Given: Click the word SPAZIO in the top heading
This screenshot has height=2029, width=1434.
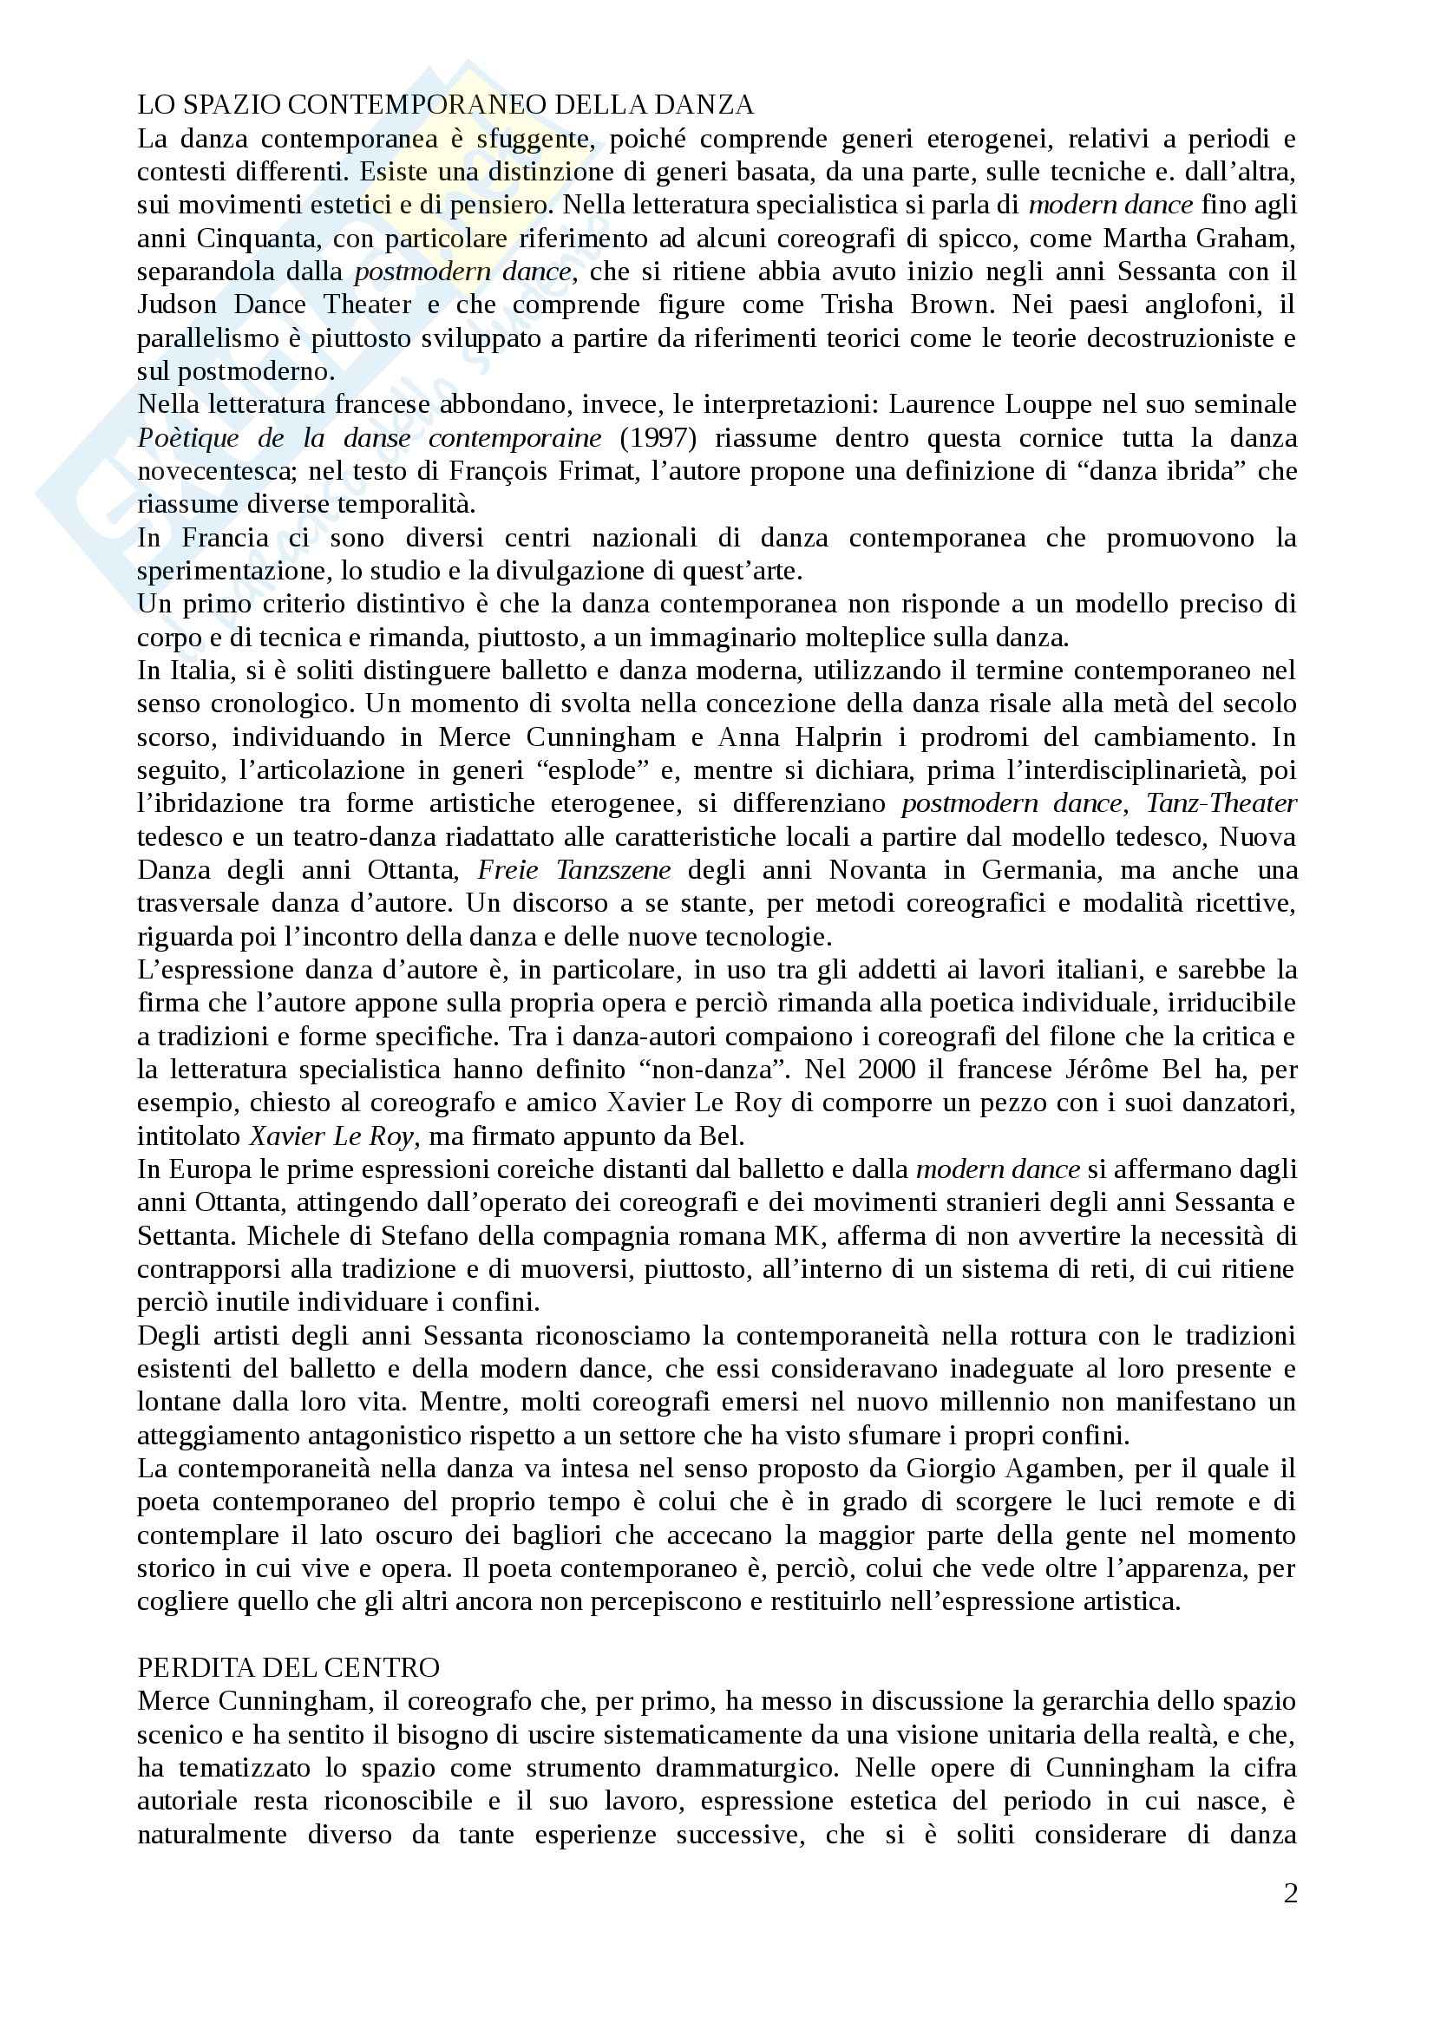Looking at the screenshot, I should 226,105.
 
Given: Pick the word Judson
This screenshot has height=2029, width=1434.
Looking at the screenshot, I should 177,304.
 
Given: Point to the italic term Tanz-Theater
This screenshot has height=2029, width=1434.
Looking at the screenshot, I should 1221,803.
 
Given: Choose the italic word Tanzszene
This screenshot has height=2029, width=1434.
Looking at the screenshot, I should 613,870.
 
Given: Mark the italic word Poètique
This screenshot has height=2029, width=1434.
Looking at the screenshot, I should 187,438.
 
